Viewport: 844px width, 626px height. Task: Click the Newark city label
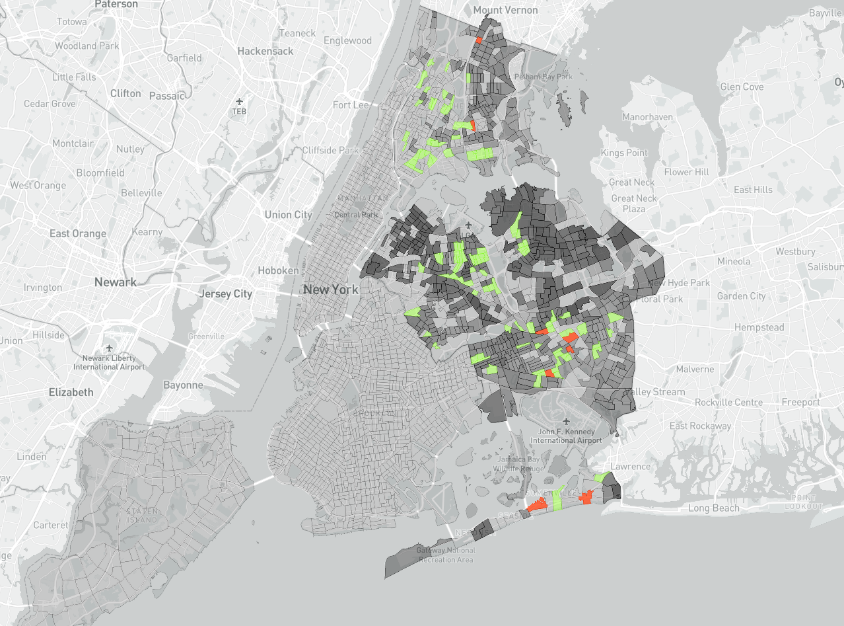click(116, 282)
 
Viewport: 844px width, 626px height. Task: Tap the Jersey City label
click(225, 293)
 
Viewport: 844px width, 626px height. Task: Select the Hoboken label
click(279, 270)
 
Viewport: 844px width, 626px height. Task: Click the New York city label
click(331, 290)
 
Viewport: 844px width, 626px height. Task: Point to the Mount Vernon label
click(505, 10)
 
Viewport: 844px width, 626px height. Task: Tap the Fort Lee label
click(351, 105)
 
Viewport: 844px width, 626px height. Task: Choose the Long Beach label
click(713, 508)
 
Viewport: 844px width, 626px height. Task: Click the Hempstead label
click(759, 327)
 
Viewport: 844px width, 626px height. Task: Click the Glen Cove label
click(742, 87)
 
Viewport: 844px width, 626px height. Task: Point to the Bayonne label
click(184, 385)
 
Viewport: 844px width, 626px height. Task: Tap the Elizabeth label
click(71, 392)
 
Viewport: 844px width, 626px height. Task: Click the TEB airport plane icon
click(239, 102)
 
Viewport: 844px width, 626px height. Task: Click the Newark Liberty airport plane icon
click(109, 348)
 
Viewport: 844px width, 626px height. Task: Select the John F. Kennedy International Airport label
click(566, 436)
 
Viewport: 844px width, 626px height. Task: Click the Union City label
click(288, 215)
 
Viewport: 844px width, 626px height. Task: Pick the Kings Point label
click(624, 153)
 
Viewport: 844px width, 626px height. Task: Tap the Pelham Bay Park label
click(546, 77)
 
